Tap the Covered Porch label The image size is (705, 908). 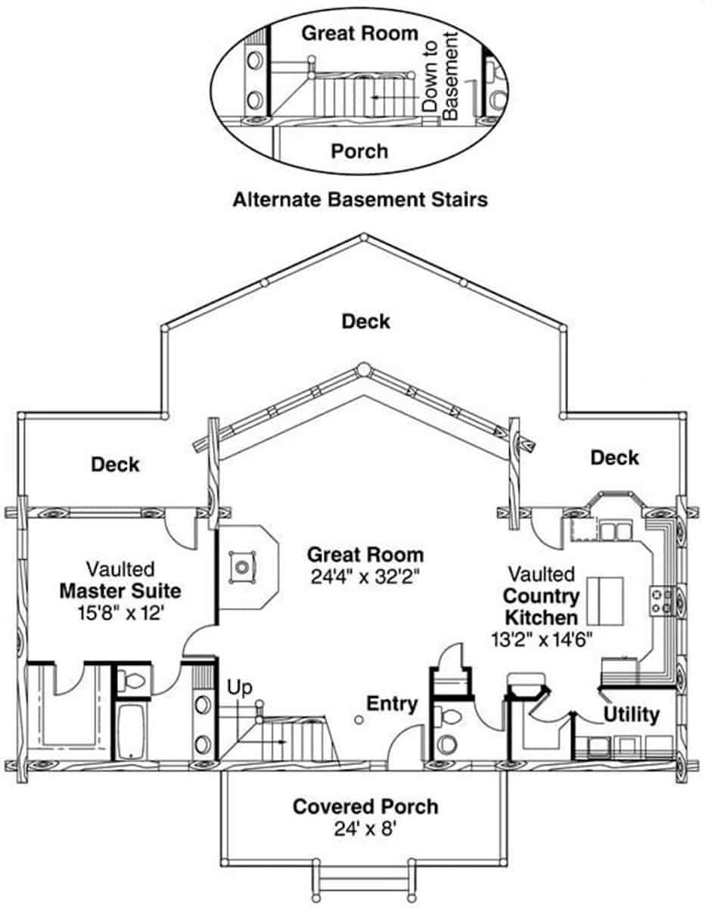point(365,807)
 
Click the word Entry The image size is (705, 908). point(392,704)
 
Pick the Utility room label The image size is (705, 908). point(631,714)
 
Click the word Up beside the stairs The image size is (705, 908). point(240,688)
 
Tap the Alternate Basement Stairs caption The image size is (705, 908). point(359,200)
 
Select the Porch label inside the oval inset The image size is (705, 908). point(359,151)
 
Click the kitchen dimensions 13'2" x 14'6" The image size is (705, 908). point(541,638)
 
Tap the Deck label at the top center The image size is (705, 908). point(365,322)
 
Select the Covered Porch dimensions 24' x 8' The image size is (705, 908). point(365,829)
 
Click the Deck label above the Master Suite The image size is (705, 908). point(115,464)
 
